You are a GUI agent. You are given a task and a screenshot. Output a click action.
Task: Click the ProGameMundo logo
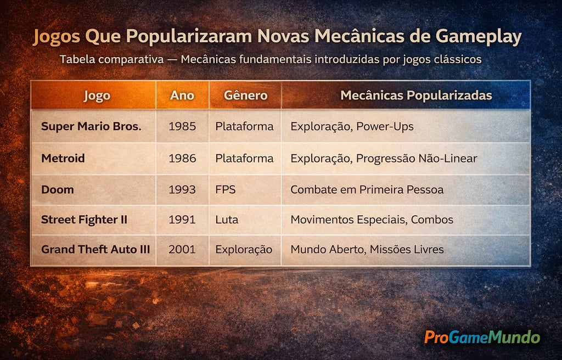click(x=482, y=336)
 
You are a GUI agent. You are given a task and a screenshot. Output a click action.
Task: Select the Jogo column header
click(x=97, y=95)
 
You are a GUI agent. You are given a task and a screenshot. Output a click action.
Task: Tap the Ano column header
click(x=182, y=95)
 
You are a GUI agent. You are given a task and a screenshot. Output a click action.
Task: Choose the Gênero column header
click(x=245, y=95)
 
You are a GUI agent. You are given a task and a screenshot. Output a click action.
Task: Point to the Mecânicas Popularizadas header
click(x=416, y=95)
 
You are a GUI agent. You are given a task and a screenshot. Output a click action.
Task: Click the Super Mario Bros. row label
click(x=91, y=127)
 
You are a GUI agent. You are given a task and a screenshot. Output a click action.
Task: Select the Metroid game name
click(x=63, y=159)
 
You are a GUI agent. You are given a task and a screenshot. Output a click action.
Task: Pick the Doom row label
click(x=57, y=189)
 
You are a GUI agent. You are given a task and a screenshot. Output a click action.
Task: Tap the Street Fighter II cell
click(x=84, y=220)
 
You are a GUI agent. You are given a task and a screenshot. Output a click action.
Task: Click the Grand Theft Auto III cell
click(x=95, y=250)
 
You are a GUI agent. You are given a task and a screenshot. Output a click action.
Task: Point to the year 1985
click(x=182, y=127)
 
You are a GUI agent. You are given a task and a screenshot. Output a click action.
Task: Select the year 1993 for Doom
click(x=182, y=189)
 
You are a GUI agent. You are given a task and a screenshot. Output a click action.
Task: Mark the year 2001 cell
click(x=182, y=250)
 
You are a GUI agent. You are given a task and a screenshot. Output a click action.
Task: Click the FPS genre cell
click(x=225, y=189)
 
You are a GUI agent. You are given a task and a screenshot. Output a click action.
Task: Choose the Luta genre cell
click(x=227, y=220)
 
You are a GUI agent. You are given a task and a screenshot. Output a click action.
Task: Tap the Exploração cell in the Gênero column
click(x=244, y=250)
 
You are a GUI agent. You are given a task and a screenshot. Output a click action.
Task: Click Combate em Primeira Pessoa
click(x=367, y=189)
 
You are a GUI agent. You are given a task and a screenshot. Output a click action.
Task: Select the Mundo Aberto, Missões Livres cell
click(x=367, y=250)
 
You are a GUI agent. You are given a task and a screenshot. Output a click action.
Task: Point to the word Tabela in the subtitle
click(x=77, y=59)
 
